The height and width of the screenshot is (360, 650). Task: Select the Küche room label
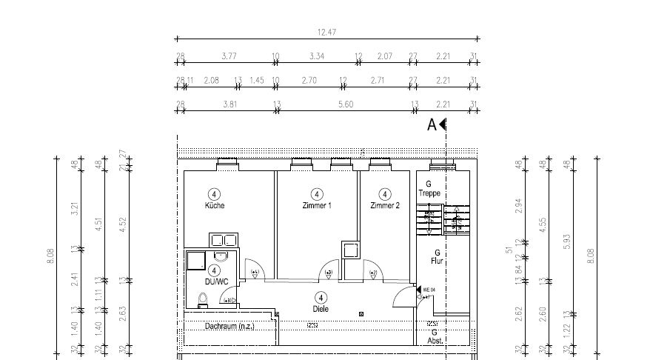click(x=215, y=205)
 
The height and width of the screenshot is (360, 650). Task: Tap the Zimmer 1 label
click(x=316, y=205)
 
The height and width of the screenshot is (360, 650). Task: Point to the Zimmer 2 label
click(x=385, y=205)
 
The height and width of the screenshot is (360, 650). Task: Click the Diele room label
click(x=321, y=308)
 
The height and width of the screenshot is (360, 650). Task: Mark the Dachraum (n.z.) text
click(x=229, y=325)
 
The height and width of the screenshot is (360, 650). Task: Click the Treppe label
click(x=429, y=193)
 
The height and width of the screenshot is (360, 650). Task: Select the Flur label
click(x=437, y=261)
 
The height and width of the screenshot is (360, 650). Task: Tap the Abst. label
click(x=435, y=341)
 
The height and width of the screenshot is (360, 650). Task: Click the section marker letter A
click(x=432, y=125)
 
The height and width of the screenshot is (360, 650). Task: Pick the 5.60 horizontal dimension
click(x=344, y=105)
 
